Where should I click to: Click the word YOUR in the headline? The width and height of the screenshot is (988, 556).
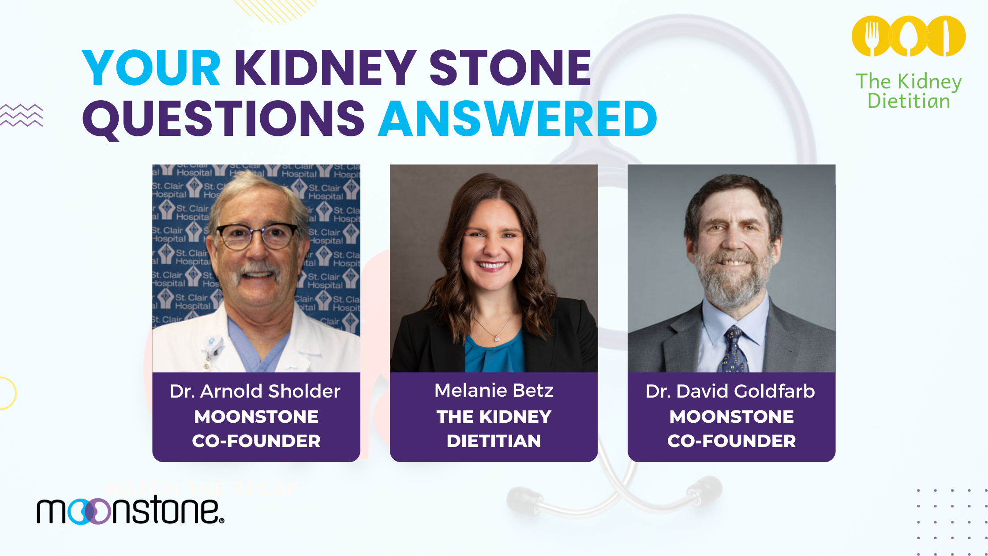(x=151, y=68)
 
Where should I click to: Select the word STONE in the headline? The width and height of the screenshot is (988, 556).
(x=510, y=68)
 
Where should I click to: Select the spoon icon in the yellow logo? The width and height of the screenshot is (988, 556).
(x=908, y=36)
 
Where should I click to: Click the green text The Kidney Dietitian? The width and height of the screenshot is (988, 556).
(x=909, y=91)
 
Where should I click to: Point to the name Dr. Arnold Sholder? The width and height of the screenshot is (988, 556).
(x=255, y=391)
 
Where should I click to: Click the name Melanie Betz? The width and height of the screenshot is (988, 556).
(x=494, y=391)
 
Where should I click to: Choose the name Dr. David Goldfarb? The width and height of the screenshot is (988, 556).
(x=730, y=391)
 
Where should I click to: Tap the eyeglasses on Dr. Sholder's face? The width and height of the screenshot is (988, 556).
(x=258, y=236)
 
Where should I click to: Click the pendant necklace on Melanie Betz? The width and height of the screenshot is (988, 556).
(x=497, y=338)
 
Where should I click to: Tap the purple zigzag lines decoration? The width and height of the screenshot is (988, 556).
(x=22, y=115)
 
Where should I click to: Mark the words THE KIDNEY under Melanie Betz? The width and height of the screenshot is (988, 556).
(x=494, y=417)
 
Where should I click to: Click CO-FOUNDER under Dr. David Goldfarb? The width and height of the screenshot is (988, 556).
(x=731, y=441)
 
